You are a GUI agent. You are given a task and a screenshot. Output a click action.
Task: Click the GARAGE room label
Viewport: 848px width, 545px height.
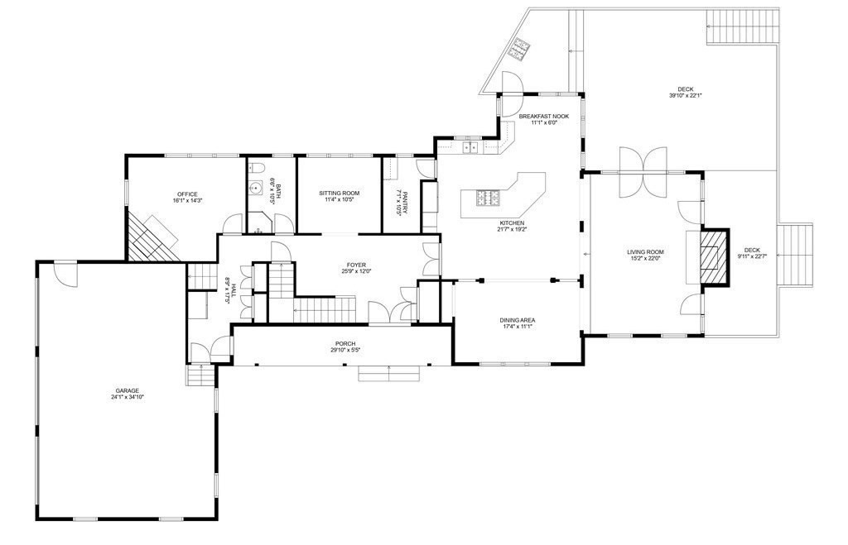pos(127,390)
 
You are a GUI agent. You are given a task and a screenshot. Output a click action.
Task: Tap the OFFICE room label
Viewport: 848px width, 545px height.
pos(187,194)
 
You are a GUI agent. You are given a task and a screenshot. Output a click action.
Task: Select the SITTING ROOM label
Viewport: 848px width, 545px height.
pos(339,193)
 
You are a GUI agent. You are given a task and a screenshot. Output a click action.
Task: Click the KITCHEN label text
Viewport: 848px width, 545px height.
pos(512,223)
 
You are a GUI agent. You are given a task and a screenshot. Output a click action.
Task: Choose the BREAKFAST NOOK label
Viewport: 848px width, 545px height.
pos(543,116)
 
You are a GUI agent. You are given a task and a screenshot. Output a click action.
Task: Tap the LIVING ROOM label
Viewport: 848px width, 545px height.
pos(645,252)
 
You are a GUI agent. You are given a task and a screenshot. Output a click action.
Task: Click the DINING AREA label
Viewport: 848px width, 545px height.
pos(518,320)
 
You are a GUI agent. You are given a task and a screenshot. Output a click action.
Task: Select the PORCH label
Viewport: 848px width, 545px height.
pos(345,344)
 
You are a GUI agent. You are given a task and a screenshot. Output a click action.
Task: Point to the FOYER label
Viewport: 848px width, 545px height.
pos(356,265)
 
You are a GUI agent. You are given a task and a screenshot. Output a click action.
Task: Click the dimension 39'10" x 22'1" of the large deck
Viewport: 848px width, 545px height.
pos(685,96)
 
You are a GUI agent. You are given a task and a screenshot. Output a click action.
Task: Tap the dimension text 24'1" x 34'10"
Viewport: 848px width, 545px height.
pos(127,397)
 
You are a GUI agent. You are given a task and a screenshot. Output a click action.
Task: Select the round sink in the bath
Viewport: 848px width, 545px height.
pos(256,188)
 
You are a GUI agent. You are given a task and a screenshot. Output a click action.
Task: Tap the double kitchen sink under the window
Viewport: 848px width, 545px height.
pos(469,146)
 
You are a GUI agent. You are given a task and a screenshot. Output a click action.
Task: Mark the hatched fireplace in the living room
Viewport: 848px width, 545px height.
pos(715,257)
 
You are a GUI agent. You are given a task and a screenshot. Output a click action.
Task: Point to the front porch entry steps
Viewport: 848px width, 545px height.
pos(389,373)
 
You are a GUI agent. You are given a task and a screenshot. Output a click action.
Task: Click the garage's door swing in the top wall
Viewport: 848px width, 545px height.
pos(66,274)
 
